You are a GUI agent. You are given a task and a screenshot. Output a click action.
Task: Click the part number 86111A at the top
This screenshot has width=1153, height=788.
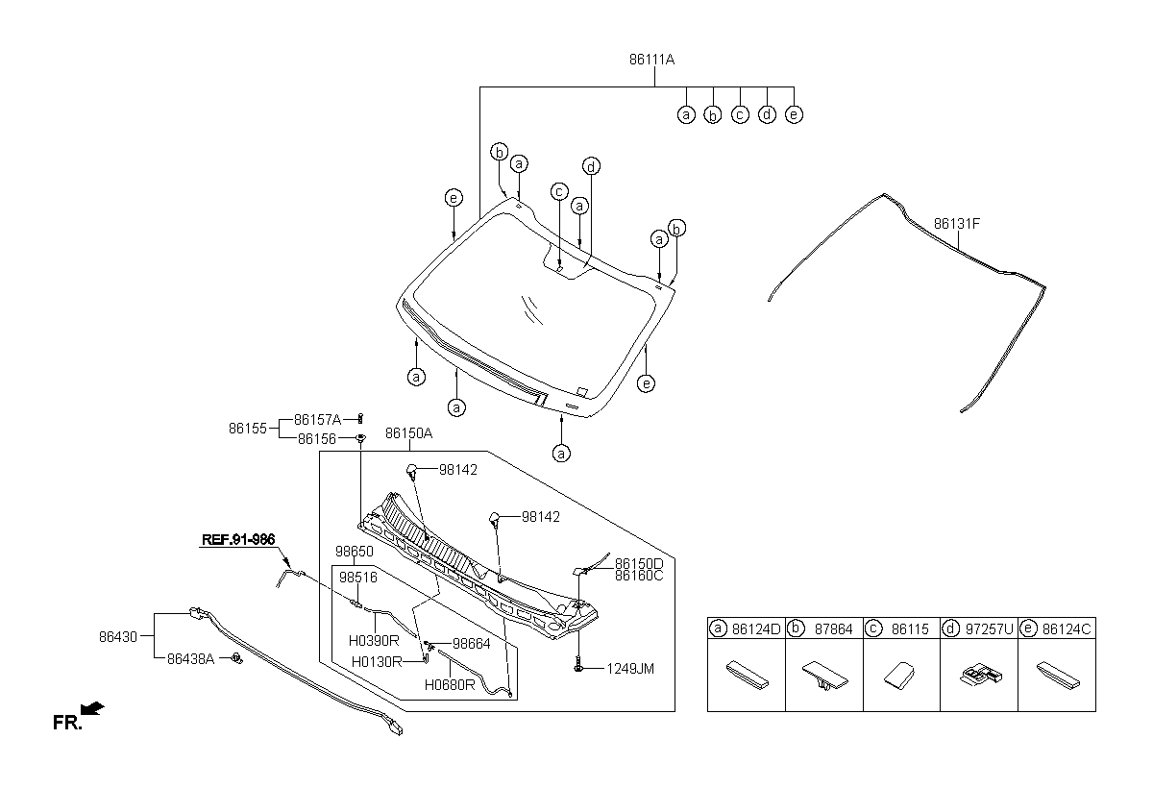(x=651, y=60)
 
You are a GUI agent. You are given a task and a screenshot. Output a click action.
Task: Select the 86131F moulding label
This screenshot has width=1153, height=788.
(x=957, y=224)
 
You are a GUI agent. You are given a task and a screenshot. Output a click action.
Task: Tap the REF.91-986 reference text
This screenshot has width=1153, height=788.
(x=238, y=539)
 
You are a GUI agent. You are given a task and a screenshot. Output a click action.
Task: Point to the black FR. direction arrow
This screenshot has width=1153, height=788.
(x=93, y=709)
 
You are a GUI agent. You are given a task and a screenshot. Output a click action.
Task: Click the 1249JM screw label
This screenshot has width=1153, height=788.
(x=630, y=669)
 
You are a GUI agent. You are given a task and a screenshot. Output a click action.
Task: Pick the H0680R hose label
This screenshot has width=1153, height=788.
(x=450, y=685)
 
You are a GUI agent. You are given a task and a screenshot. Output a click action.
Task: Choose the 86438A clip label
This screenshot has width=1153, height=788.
(x=191, y=659)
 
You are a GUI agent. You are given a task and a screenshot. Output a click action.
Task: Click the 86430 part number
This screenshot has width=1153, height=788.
(x=118, y=637)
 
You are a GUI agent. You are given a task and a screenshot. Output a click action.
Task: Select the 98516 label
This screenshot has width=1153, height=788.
(x=358, y=578)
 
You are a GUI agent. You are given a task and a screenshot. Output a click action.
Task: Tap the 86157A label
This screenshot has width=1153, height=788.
(x=318, y=420)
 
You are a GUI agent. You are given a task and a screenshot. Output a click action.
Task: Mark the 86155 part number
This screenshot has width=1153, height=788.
(x=248, y=429)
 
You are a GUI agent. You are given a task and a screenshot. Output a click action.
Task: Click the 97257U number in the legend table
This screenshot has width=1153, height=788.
(x=990, y=629)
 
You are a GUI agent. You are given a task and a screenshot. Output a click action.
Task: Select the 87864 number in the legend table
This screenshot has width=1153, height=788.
(x=833, y=629)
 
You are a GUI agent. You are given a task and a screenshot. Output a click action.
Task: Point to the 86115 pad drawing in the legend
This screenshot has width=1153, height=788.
(x=899, y=676)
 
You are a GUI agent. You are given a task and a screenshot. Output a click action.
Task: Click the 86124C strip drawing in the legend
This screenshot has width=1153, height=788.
(x=1058, y=676)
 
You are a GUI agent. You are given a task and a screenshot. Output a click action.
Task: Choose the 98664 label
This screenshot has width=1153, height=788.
(x=472, y=644)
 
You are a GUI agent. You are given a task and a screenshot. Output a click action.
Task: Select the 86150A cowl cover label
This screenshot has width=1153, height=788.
(x=408, y=433)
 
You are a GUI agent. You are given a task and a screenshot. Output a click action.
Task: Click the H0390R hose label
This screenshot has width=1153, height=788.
(x=374, y=641)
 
